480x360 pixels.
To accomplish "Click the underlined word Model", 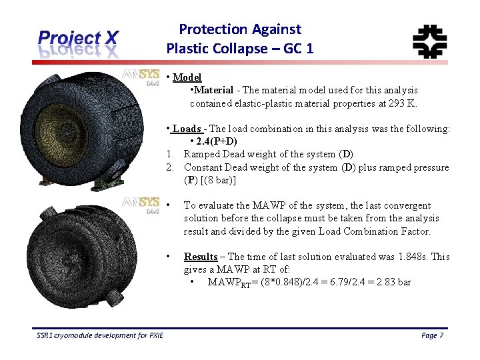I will pyautogui.click(x=187, y=77).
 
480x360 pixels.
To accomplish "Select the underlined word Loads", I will pyautogui.click(x=187, y=129).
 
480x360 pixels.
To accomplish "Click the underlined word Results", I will pyautogui.click(x=201, y=257).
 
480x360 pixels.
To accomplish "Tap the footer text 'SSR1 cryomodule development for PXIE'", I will pyautogui.click(x=99, y=335).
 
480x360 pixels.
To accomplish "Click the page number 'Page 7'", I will pyautogui.click(x=432, y=335).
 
